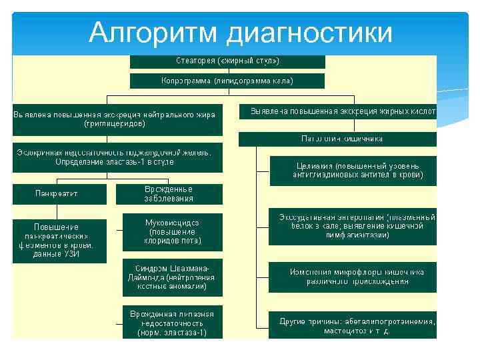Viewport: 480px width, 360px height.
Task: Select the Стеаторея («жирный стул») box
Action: (x=227, y=61)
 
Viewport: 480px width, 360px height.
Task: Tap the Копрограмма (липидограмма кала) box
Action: (x=227, y=81)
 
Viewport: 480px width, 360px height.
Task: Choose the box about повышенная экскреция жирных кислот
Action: (x=338, y=110)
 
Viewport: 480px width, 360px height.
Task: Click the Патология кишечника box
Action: (x=338, y=139)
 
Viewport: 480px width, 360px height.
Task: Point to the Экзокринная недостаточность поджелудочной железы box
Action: (x=118, y=157)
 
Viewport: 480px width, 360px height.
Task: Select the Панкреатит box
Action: (x=59, y=194)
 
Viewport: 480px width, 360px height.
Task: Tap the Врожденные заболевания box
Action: (x=169, y=194)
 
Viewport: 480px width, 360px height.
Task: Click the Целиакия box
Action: (x=353, y=171)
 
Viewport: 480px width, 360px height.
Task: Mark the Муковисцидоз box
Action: (x=173, y=231)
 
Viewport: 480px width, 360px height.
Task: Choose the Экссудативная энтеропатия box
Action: (x=353, y=227)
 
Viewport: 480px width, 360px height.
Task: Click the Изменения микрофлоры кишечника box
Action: (x=353, y=277)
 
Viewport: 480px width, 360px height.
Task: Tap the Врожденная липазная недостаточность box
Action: (x=173, y=323)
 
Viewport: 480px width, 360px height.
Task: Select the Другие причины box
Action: (x=353, y=325)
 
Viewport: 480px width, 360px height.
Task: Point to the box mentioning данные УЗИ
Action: (x=59, y=241)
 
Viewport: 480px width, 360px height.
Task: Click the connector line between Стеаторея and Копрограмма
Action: (x=227, y=71)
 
